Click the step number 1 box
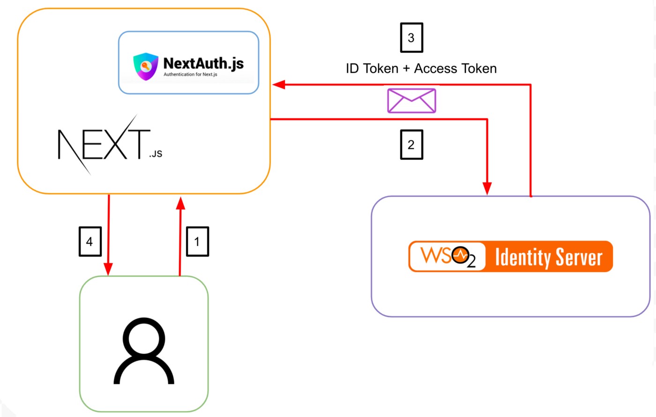(x=197, y=242)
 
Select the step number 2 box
(x=411, y=144)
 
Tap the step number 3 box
(x=411, y=38)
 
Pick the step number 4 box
(x=90, y=242)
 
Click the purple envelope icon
(x=411, y=100)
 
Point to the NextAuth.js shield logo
(x=145, y=66)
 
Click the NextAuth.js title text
(x=203, y=63)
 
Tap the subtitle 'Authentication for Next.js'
(x=190, y=75)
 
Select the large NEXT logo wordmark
(x=103, y=144)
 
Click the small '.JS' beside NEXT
(x=156, y=154)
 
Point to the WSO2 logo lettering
(x=447, y=256)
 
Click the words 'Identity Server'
(x=548, y=257)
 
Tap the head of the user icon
(x=144, y=339)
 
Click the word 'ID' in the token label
(x=352, y=69)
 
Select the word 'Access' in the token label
(x=435, y=69)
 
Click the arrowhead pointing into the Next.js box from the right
(x=279, y=85)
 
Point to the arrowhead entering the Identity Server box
(x=487, y=189)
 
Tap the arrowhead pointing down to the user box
(x=109, y=269)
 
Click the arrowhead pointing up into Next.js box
(x=180, y=203)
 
